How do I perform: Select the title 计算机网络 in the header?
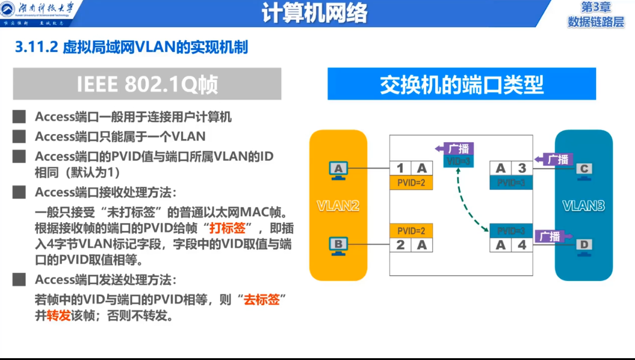[x=314, y=13]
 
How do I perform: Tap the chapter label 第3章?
[x=595, y=7]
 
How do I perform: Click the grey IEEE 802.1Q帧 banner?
[x=147, y=84]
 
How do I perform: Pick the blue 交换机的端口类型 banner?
[x=461, y=84]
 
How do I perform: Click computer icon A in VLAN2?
[x=338, y=169]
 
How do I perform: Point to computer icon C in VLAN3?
[x=583, y=169]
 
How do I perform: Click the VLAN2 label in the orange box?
[x=338, y=206]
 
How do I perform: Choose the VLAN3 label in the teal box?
[x=583, y=206]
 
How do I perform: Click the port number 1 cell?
[x=400, y=169]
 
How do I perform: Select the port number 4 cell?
[x=522, y=245]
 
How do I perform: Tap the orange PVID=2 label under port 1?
[x=411, y=182]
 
